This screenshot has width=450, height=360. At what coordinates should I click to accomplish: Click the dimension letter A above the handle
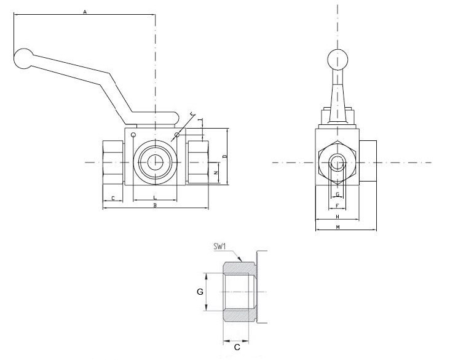pos(85,12)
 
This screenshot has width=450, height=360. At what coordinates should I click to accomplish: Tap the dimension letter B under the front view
pos(155,206)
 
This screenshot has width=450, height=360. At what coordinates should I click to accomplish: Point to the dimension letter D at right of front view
pos(225,157)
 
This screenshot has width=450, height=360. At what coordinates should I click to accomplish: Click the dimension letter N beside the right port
pos(215,174)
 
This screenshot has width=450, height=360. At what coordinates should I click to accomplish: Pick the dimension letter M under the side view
pos(337,228)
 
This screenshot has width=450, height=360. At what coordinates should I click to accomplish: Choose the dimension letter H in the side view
pos(337,217)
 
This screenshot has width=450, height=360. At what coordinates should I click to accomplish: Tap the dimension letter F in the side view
pos(337,207)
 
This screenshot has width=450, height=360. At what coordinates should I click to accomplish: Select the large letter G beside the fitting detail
pos(200,292)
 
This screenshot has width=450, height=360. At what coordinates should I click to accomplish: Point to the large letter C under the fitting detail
pos(237,347)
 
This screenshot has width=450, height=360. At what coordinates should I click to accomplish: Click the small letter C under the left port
pos(112,198)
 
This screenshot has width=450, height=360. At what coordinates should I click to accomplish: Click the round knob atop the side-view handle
pos(337,59)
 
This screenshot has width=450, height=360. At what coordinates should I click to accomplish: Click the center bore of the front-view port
pos(154,162)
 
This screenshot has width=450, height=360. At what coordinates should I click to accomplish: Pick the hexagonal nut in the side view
pos(337,162)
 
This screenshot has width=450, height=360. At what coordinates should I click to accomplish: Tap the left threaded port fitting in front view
pos(112,162)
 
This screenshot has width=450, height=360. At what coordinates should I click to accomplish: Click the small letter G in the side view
pos(337,194)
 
